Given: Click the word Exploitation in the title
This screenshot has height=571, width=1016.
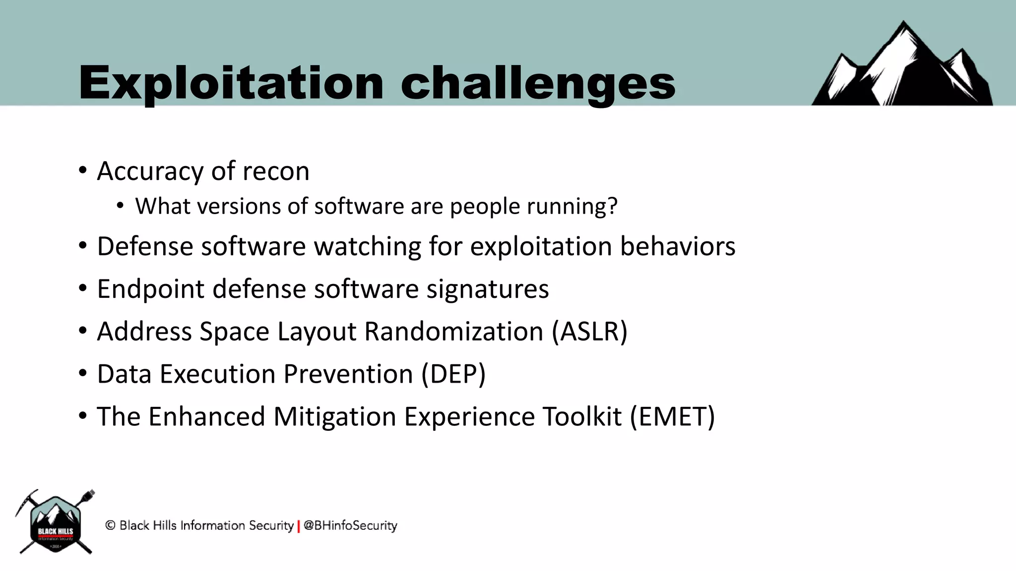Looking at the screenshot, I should pos(231,83).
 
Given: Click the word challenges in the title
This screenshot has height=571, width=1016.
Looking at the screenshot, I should pos(538,83).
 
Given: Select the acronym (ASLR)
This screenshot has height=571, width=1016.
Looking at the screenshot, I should pos(590,332).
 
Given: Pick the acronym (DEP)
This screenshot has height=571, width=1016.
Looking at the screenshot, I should pos(453,374).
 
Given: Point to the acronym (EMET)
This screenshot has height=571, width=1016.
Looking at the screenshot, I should pos(672,417).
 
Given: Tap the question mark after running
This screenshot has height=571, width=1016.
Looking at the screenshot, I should pos(613,206).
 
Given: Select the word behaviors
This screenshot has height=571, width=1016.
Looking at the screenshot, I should pos(677,247).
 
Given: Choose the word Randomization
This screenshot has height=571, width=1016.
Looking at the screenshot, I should pos(454,332).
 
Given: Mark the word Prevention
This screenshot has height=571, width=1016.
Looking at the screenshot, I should pos(348,374).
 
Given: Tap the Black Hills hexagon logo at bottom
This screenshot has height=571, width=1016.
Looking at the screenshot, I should pos(55,523).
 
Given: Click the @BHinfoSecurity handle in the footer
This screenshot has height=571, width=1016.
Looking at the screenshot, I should pos(350,525).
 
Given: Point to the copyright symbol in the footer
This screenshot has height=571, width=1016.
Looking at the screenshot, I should pos(111,525).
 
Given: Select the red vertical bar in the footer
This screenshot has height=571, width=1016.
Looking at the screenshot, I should pos(299,526).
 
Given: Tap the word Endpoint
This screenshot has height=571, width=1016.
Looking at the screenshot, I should pos(150,289).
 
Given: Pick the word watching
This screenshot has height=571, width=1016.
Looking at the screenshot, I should pos(368,247).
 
